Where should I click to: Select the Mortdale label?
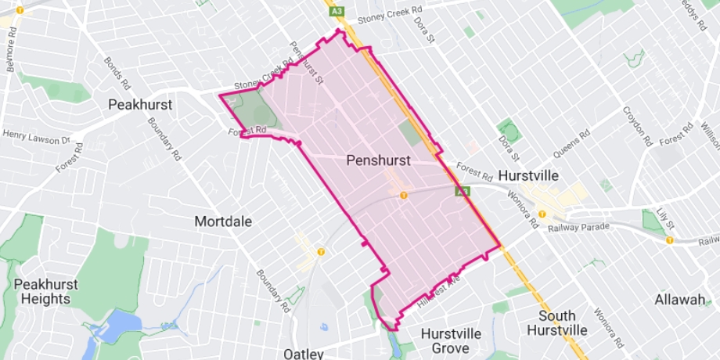[x=223, y=221]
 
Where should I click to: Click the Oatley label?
[x=304, y=354]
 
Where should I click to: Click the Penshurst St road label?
[x=307, y=63]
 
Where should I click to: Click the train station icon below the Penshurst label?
[x=403, y=195]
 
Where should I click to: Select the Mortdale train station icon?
[x=320, y=251]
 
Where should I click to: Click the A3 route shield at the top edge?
[x=336, y=12]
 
